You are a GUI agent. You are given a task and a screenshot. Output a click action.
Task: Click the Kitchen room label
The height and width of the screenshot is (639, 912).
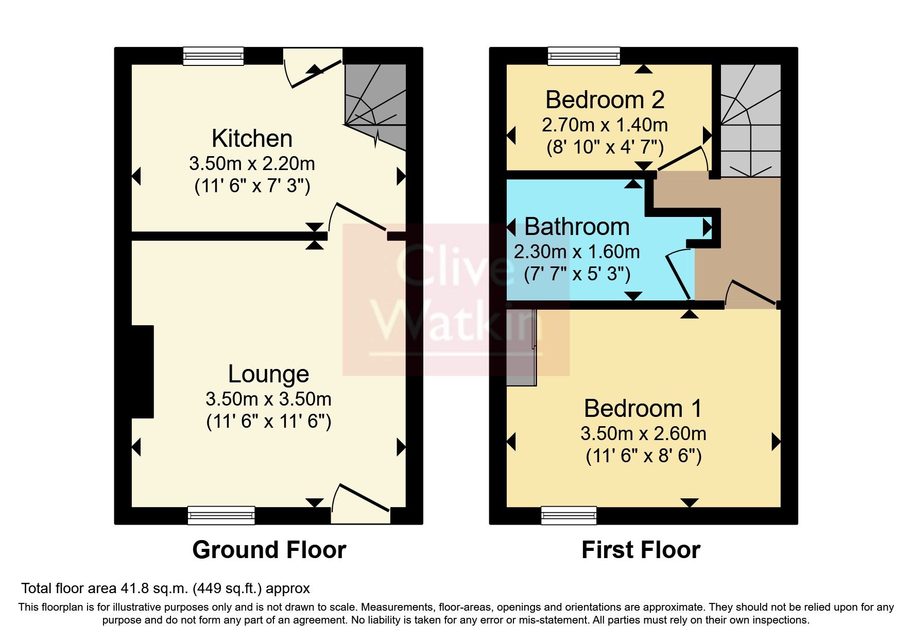pos(252,139)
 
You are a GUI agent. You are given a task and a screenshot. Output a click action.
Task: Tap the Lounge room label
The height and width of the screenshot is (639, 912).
pos(268,374)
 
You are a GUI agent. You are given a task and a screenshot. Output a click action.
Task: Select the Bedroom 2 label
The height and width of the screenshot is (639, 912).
pos(605,100)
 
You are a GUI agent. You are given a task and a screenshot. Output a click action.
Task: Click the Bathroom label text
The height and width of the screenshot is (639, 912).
pos(577,227)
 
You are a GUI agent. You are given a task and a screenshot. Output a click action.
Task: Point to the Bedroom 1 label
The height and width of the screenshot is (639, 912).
pos(643,409)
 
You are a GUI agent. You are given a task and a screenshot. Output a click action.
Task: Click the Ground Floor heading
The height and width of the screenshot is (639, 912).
pos(269,550)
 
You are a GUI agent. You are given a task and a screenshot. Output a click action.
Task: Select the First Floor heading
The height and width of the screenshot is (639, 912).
pos(641,550)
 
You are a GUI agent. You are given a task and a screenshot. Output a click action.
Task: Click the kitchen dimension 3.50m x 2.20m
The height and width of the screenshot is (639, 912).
pos(252,163)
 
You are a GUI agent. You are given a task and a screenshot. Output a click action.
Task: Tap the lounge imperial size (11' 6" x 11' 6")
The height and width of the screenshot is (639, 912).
pos(268,422)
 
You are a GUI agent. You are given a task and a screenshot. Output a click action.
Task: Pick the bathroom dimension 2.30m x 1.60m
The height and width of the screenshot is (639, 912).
pos(577,251)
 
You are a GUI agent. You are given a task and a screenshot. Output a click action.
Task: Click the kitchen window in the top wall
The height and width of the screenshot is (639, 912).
pos(214,56)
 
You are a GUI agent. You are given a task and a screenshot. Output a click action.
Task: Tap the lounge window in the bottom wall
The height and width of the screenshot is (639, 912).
pos(221,515)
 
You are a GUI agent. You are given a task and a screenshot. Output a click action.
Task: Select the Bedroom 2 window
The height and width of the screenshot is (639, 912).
pos(583,56)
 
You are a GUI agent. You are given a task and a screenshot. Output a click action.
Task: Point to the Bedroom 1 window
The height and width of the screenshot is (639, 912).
pos(569,515)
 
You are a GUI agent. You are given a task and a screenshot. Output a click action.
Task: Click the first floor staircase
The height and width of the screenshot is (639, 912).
pos(750,121)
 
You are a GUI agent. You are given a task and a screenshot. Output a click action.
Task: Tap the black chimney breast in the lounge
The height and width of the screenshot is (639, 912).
pos(143,371)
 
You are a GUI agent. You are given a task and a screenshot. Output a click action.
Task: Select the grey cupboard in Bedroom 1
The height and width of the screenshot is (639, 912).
pos(521,348)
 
